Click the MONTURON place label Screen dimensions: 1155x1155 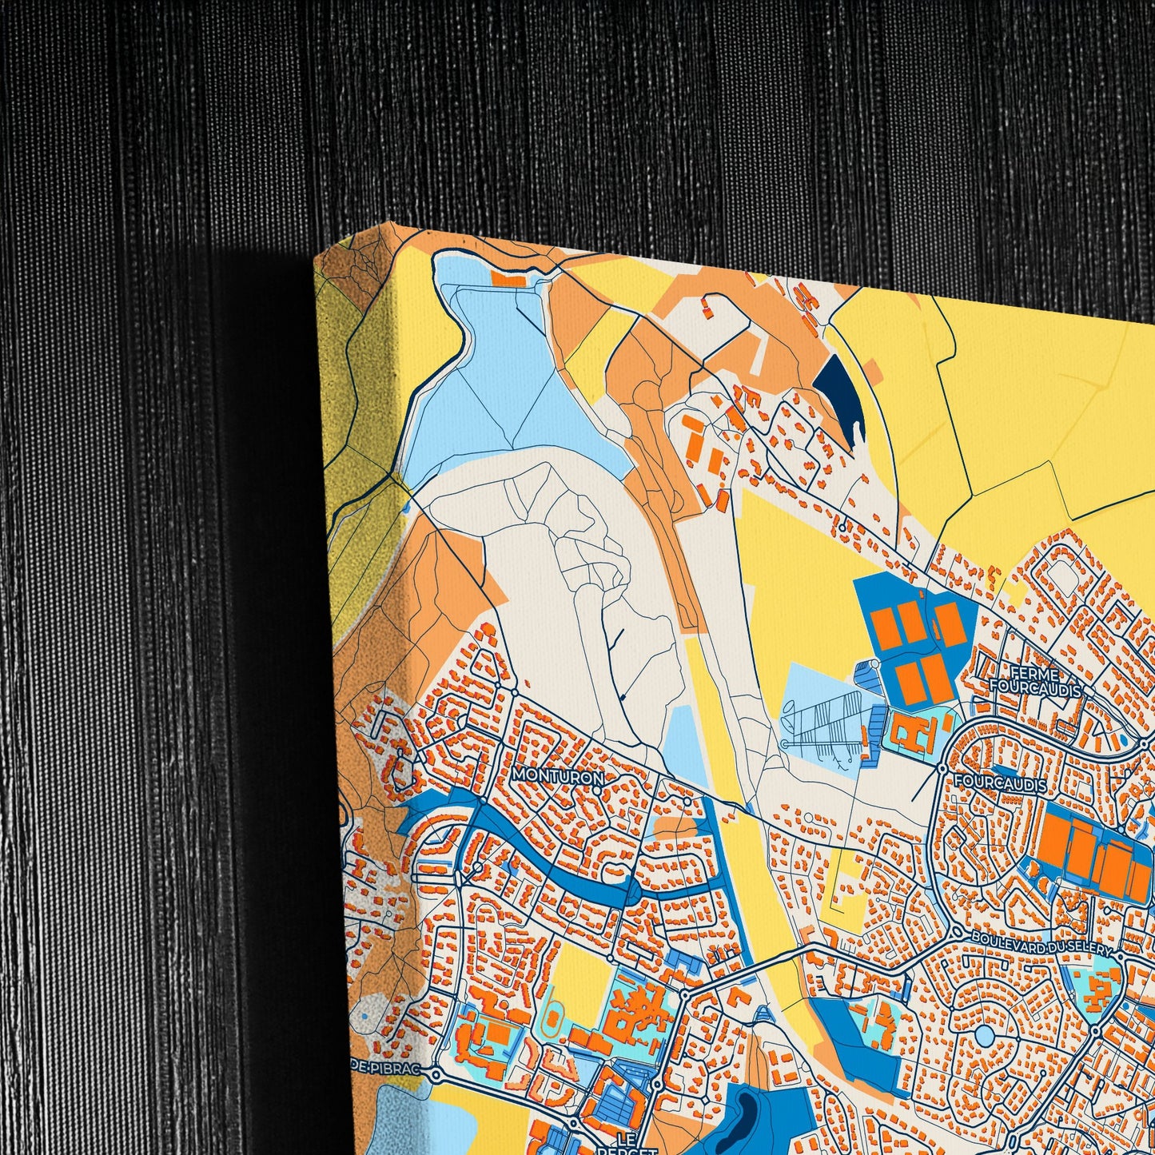coord(557,775)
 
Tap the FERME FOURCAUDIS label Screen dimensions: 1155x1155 coord(1034,679)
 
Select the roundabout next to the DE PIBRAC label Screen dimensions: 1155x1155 coord(436,1075)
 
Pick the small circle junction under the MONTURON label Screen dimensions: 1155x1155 coord(597,791)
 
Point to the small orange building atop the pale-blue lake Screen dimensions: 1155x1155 coord(507,279)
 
